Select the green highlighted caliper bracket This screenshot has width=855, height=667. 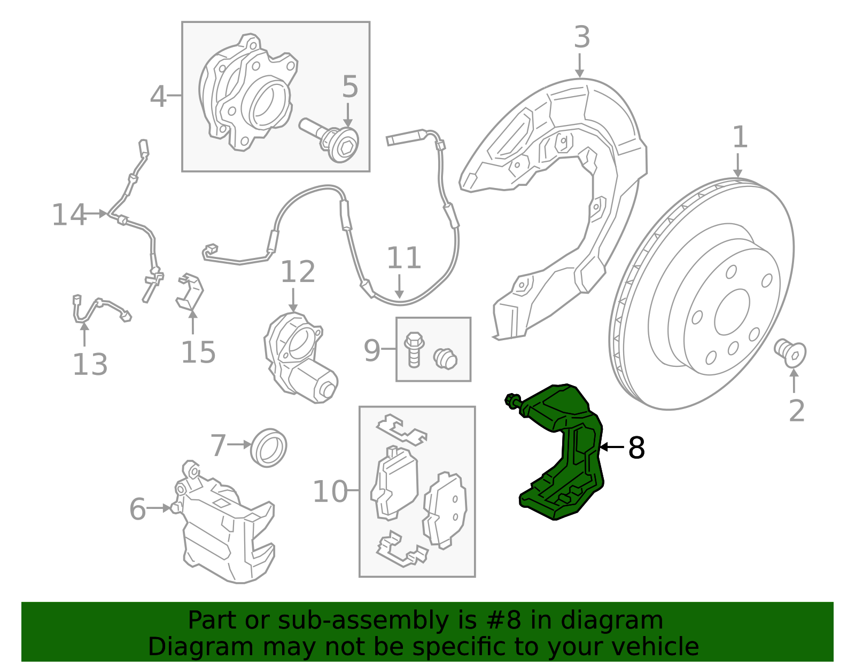pos(566,454)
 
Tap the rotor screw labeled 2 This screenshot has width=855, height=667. pos(790,353)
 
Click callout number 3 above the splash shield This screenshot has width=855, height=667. pos(582,37)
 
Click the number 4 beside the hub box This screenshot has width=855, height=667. pos(158,97)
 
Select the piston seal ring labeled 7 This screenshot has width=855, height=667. pos(269,447)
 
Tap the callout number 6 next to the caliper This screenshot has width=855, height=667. pos(137,509)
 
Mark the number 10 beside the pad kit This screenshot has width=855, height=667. pos(330,491)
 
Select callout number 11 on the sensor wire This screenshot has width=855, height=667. pos(403,258)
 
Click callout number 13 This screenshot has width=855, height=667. pos(90,365)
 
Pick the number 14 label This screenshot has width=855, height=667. pos(68,215)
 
